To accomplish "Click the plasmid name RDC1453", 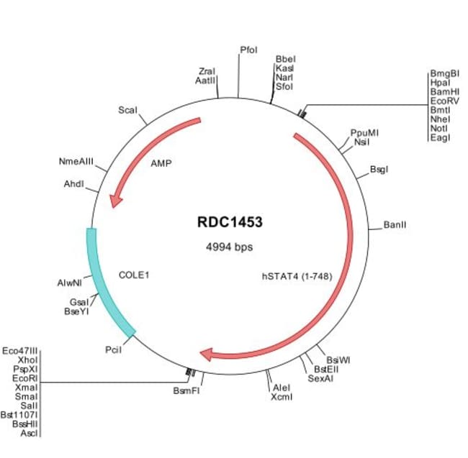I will (230, 222).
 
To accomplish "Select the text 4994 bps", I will (230, 247).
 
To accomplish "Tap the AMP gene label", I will (161, 163).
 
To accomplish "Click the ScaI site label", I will (127, 111).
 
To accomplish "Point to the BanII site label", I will (395, 225).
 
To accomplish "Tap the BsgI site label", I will (379, 170).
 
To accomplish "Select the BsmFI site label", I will (186, 391).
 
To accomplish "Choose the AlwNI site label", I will (71, 283).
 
